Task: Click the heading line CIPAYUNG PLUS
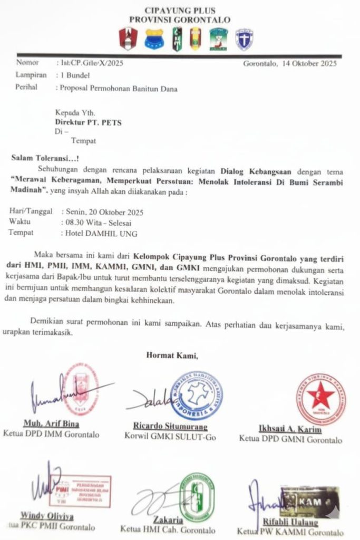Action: click(x=180, y=11)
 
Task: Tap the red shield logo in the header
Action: click(x=128, y=38)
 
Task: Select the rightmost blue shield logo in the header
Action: click(x=244, y=40)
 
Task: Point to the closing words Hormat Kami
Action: click(x=172, y=355)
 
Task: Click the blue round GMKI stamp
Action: click(x=197, y=395)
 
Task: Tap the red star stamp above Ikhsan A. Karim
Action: click(x=320, y=399)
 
